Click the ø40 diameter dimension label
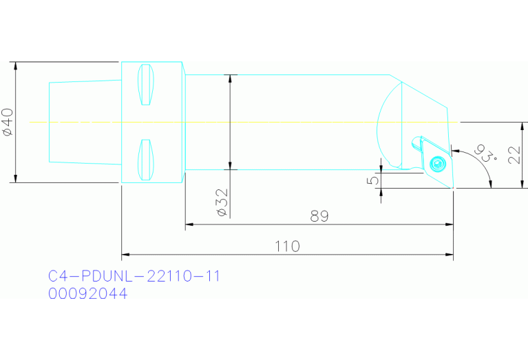8,122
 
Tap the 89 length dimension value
319,216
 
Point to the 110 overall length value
287,246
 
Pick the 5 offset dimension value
372,180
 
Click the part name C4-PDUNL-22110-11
134,277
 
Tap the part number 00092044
87,294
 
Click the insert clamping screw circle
436,164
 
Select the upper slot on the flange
145,85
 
